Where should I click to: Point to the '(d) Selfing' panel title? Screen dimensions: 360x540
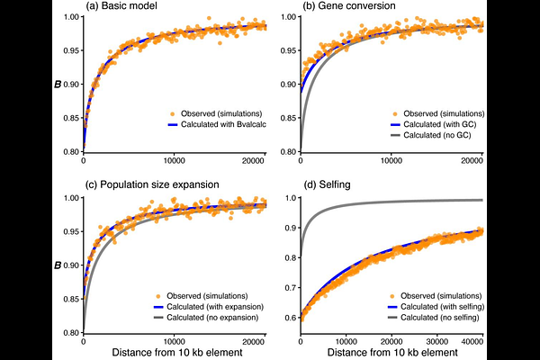328,185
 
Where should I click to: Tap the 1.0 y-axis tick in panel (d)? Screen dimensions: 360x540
290,197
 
